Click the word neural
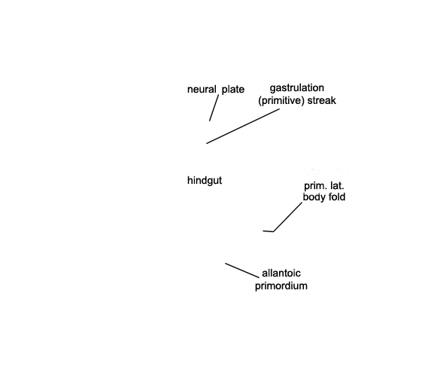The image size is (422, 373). pyautogui.click(x=202, y=90)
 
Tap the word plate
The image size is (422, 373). pyautogui.click(x=233, y=90)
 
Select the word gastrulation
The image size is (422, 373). pyautogui.click(x=297, y=88)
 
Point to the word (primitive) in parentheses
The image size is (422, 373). pyautogui.click(x=281, y=101)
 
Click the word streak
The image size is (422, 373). pyautogui.click(x=322, y=100)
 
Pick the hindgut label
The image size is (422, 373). pyautogui.click(x=205, y=181)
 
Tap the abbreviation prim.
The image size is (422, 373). pyautogui.click(x=313, y=186)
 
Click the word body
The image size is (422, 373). pyautogui.click(x=314, y=197)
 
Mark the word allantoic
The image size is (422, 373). pyautogui.click(x=281, y=274)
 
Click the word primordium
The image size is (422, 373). pyautogui.click(x=281, y=286)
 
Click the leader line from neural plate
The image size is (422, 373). pyautogui.click(x=214, y=108)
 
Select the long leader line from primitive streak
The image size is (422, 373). pyautogui.click(x=243, y=126)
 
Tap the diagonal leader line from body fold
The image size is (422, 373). pyautogui.click(x=287, y=217)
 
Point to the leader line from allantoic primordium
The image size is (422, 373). pyautogui.click(x=242, y=271)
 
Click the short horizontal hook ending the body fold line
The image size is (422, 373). pyautogui.click(x=268, y=231)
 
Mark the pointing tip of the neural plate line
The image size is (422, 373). pyautogui.click(x=209, y=121)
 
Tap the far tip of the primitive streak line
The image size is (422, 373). pyautogui.click(x=206, y=143)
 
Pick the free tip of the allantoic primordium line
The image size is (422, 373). pyautogui.click(x=225, y=263)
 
